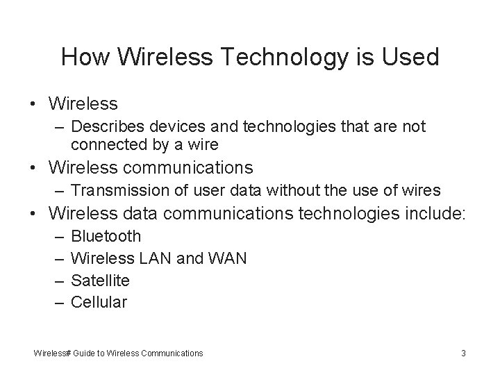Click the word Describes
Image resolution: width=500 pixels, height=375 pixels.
point(108,126)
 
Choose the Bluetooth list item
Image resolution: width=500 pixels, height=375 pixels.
point(106,236)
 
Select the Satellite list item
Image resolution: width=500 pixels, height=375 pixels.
point(100,280)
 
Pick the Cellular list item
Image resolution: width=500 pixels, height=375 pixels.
point(99,302)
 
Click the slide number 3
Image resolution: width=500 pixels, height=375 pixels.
point(463,353)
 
